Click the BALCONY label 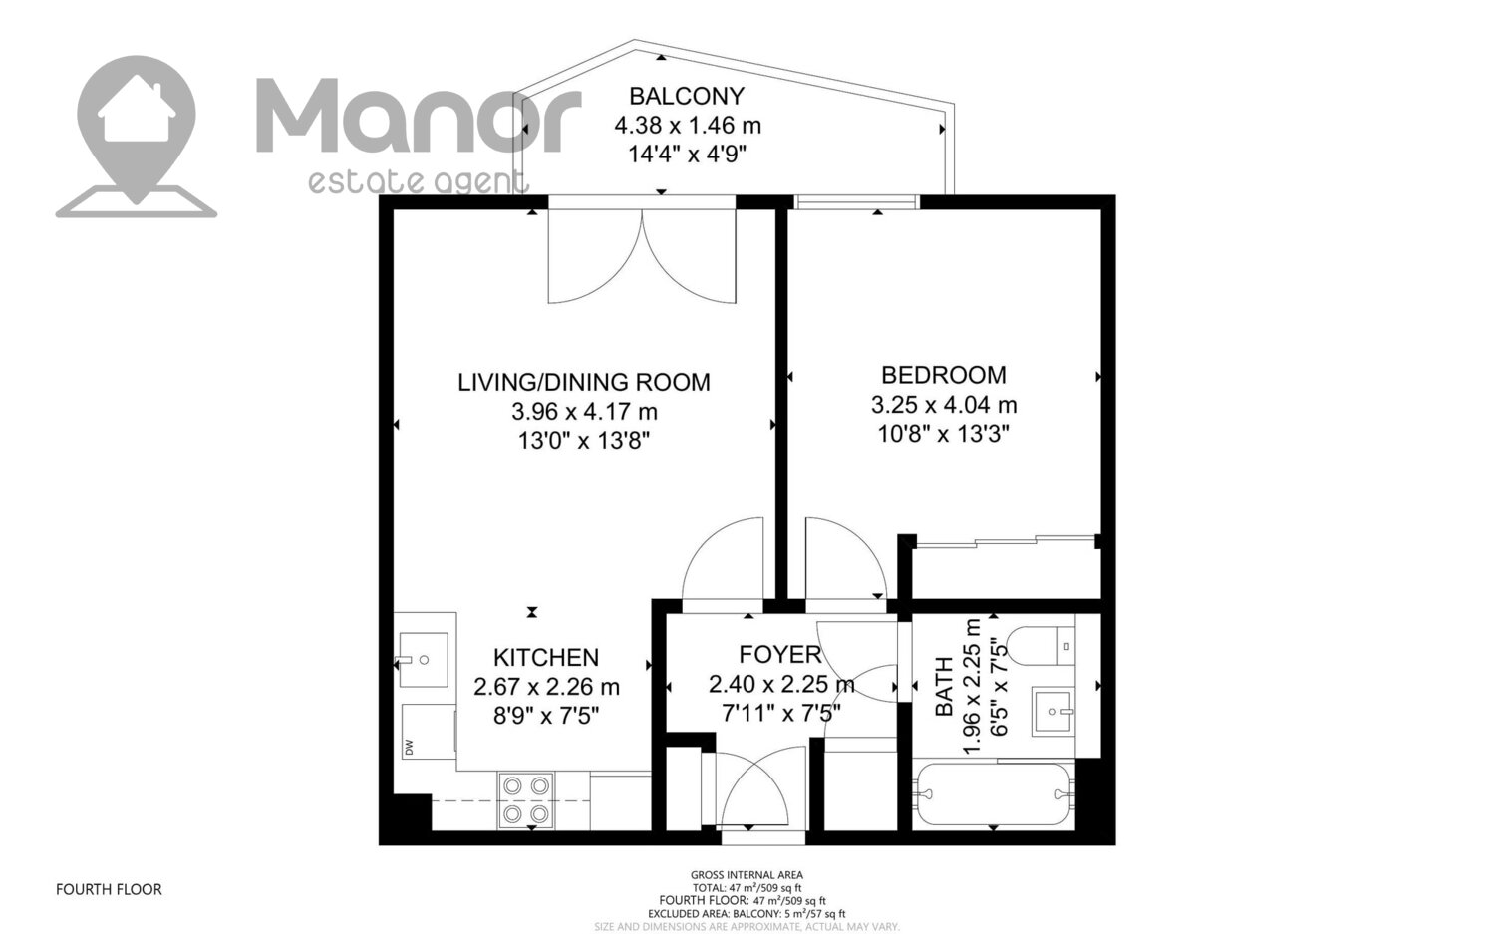[x=687, y=96]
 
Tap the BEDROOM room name [x=944, y=375]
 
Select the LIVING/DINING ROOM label [x=584, y=382]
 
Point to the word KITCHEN [x=546, y=658]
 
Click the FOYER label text [x=780, y=654]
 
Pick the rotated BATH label [x=945, y=687]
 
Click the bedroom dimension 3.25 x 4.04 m [x=944, y=405]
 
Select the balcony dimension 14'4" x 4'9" [x=687, y=155]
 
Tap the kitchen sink [x=424, y=660]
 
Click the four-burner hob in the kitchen [x=526, y=799]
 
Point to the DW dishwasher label [x=409, y=747]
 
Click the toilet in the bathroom [x=1041, y=646]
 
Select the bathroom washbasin [x=1053, y=711]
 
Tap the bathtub [x=994, y=794]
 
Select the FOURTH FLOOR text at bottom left [x=109, y=890]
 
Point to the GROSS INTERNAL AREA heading [x=747, y=875]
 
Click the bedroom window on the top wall [x=857, y=202]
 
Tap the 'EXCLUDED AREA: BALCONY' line [x=747, y=914]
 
